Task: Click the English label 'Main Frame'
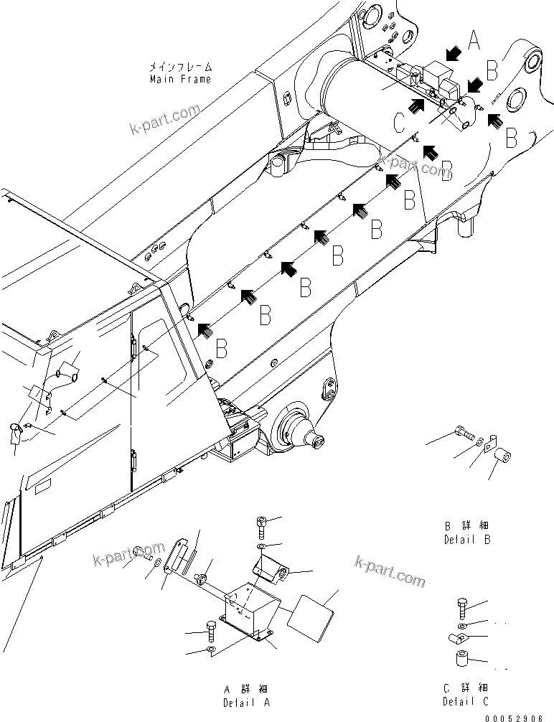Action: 180,79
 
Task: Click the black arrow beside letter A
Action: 452,52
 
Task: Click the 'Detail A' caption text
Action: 246,703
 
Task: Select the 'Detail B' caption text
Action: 467,540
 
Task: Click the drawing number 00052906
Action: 520,716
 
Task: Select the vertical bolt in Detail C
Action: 463,607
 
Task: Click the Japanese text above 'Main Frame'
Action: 180,67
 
